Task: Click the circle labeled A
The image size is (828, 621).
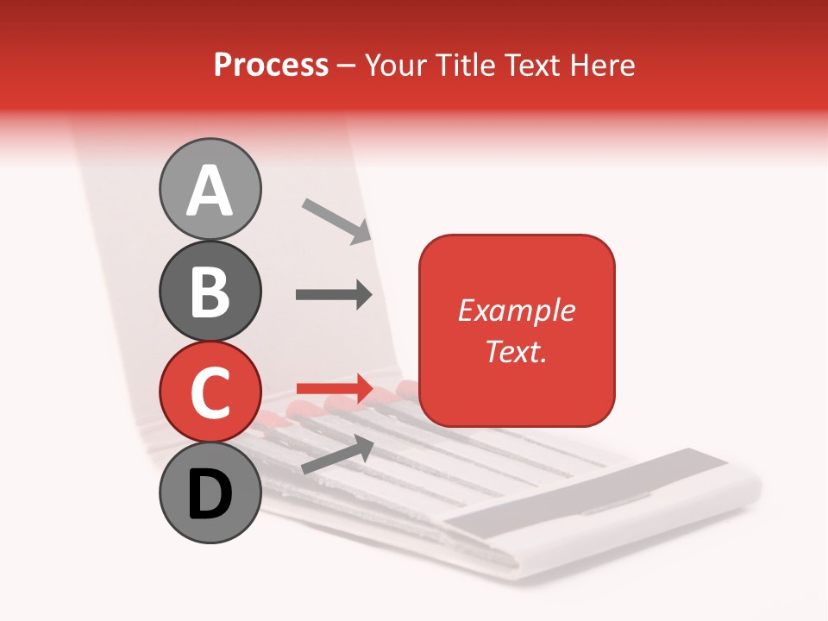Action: tap(210, 190)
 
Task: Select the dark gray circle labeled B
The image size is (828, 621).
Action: tap(210, 292)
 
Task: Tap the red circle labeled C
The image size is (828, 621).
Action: tap(210, 393)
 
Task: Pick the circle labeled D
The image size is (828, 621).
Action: tap(210, 493)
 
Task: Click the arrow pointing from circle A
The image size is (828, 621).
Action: tap(336, 221)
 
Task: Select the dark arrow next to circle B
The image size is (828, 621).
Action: tap(334, 295)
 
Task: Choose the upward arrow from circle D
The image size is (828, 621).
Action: tap(337, 454)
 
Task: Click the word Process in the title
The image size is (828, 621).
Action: tap(271, 65)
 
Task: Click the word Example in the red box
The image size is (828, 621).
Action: tap(516, 310)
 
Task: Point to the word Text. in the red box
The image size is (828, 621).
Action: tap(516, 352)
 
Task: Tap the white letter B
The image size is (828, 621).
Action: tap(210, 292)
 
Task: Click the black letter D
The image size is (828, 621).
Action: tap(210, 494)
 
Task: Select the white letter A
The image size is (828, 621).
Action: tap(210, 191)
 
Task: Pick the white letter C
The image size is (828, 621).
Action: tap(210, 393)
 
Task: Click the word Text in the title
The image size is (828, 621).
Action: tap(530, 65)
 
